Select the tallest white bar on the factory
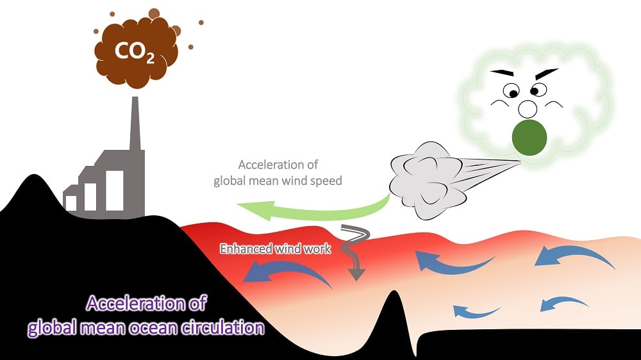(x=115, y=190)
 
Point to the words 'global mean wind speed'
(x=278, y=181)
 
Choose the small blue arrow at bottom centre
(x=476, y=312)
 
